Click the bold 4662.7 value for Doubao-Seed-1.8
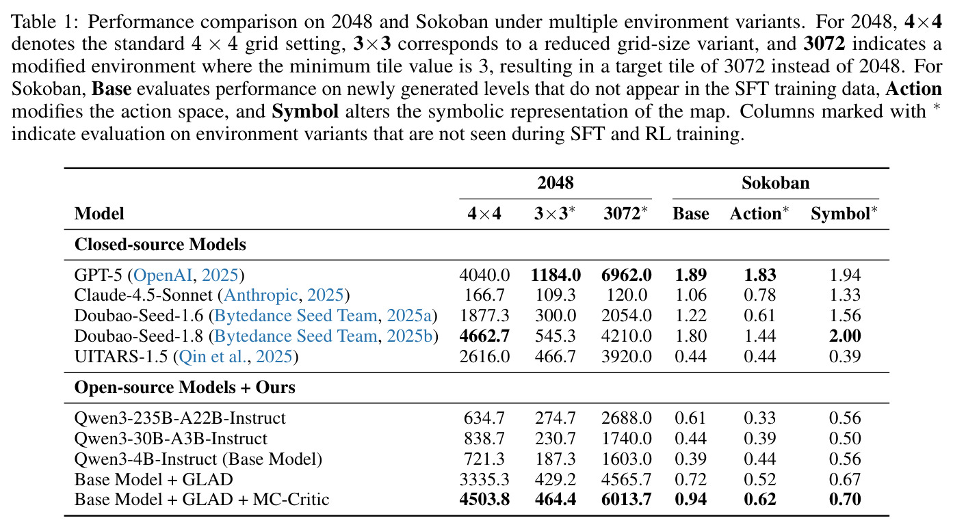pos(484,336)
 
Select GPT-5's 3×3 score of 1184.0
pos(556,275)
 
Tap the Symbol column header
pos(844,213)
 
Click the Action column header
pos(759,213)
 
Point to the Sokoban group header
pos(775,182)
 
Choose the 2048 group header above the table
pos(556,182)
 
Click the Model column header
pos(99,213)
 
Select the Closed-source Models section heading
pos(160,244)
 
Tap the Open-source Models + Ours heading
pos(185,387)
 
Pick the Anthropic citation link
pos(261,295)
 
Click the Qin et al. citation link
pos(213,356)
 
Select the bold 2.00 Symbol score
pos(845,336)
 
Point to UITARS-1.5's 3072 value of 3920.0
pos(626,356)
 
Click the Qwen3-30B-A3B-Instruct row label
pos(170,438)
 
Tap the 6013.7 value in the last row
pos(626,499)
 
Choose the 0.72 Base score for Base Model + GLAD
pos(690,479)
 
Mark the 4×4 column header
pos(484,213)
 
